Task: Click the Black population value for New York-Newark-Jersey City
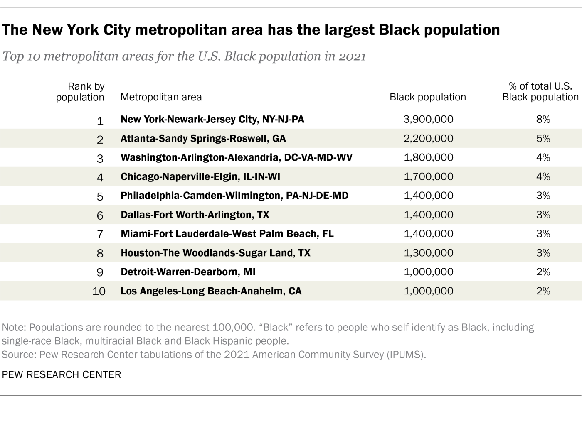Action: point(428,120)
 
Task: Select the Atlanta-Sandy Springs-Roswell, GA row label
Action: point(203,139)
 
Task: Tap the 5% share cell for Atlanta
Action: point(543,139)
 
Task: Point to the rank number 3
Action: point(100,159)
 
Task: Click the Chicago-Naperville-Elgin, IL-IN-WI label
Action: point(200,177)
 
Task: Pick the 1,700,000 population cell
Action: point(428,177)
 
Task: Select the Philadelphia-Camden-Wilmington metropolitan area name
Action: point(234,196)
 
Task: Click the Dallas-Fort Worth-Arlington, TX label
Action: point(195,215)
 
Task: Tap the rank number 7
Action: point(100,235)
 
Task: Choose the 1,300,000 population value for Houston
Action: point(428,253)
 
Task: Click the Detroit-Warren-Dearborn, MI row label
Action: point(188,272)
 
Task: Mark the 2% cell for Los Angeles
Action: point(543,291)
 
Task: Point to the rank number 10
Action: point(99,291)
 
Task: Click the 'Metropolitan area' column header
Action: point(161,97)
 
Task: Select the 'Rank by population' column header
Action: point(80,92)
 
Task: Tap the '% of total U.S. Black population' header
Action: point(540,92)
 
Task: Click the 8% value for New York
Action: point(543,120)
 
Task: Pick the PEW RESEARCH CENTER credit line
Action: point(62,374)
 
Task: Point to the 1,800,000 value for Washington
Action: point(428,158)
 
